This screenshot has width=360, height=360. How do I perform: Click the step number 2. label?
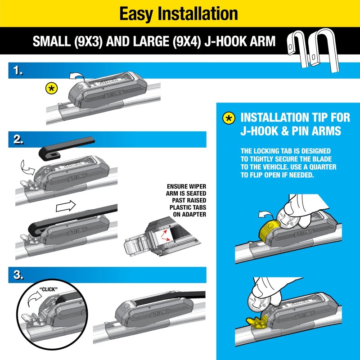point(18,140)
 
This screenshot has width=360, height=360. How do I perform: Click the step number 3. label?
point(18,275)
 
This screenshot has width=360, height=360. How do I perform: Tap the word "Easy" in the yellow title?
point(138,13)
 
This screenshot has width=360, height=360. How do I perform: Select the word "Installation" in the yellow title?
point(201,13)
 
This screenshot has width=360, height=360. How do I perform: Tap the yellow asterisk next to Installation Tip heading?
point(229,118)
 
